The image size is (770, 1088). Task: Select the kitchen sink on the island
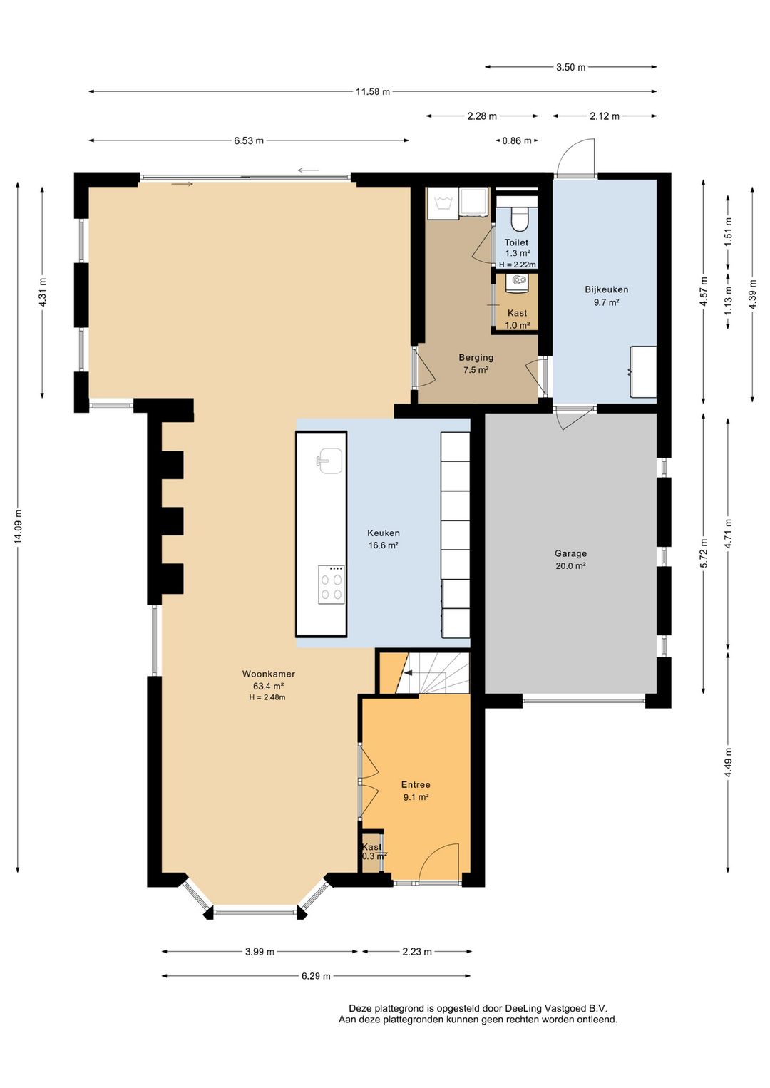coord(329,461)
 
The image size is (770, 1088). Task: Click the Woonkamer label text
coord(269,674)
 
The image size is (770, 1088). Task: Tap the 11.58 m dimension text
coord(373,91)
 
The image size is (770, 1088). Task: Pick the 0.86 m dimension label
coord(517,141)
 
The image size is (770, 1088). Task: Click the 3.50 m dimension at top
coord(571,67)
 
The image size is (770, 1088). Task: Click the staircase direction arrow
coord(408,673)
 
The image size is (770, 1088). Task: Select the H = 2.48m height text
coord(267,697)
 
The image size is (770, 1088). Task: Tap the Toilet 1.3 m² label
coord(516,247)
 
